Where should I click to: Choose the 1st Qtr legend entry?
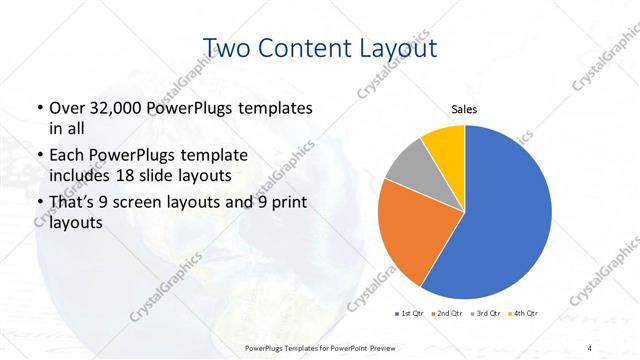tap(411, 313)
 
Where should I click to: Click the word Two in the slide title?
tap(226, 47)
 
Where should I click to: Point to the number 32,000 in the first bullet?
tap(119, 107)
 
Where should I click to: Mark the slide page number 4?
tap(590, 348)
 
